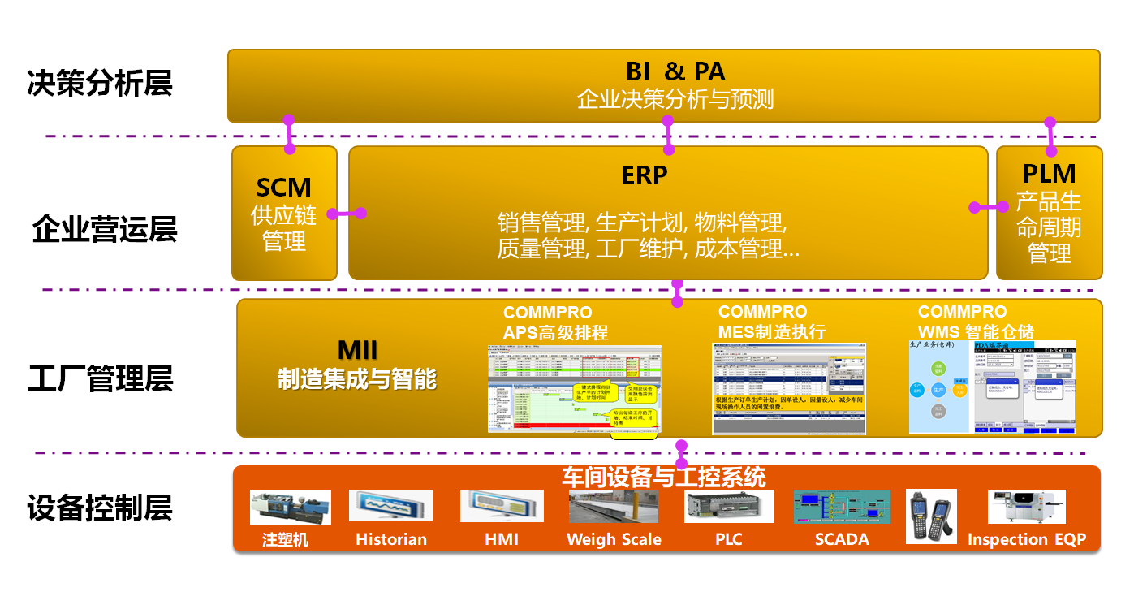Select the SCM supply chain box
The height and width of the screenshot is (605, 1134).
coord(284,214)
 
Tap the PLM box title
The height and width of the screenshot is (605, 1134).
coord(1049,174)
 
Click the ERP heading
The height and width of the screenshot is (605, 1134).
coord(645,175)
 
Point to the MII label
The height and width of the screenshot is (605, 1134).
coord(357,352)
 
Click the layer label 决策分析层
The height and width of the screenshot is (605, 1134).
coord(100,83)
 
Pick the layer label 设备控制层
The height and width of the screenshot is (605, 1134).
coord(100,508)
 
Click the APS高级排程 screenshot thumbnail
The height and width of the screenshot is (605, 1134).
coord(575,388)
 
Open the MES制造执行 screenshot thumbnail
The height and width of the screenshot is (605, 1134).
coord(788,388)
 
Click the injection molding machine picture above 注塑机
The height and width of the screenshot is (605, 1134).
coord(290,508)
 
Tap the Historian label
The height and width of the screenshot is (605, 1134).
coord(391,539)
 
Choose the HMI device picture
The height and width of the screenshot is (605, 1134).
coord(502,506)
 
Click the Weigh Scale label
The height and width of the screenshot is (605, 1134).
coord(614,539)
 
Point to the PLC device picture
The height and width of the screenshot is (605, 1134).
coord(727,506)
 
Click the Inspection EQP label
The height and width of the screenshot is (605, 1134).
coord(1026,539)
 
